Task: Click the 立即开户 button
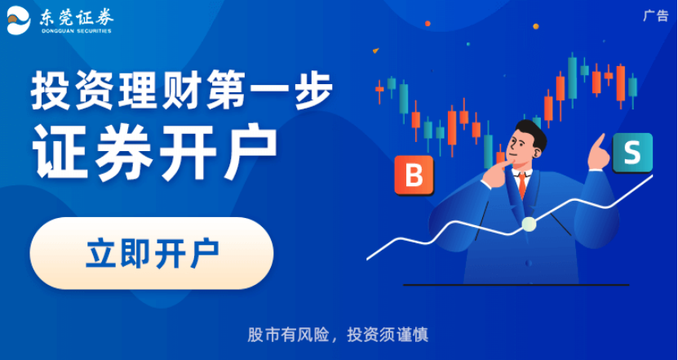(x=152, y=253)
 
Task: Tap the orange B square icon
(x=414, y=175)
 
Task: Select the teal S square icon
(x=631, y=152)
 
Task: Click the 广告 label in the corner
(x=655, y=16)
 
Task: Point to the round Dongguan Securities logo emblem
(x=19, y=21)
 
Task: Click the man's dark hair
(x=530, y=128)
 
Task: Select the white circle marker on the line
(x=529, y=224)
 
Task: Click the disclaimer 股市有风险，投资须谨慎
(x=338, y=335)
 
